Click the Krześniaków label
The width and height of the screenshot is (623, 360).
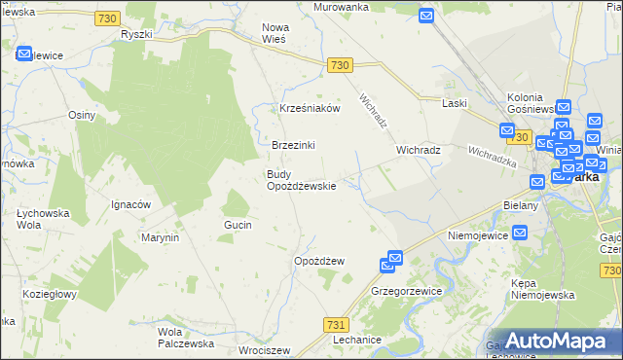point(310,109)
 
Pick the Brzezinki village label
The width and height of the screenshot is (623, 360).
point(293,145)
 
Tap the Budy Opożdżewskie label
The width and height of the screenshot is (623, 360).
point(302,180)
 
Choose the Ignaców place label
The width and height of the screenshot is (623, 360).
point(130,204)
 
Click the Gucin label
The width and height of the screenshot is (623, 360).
point(238,225)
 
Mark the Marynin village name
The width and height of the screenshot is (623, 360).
point(161,237)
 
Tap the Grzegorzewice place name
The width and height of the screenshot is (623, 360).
point(407,291)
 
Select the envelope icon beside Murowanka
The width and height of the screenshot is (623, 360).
point(426,16)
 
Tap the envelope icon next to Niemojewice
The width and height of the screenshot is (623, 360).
point(520,234)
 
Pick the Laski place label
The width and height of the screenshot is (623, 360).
point(455,102)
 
